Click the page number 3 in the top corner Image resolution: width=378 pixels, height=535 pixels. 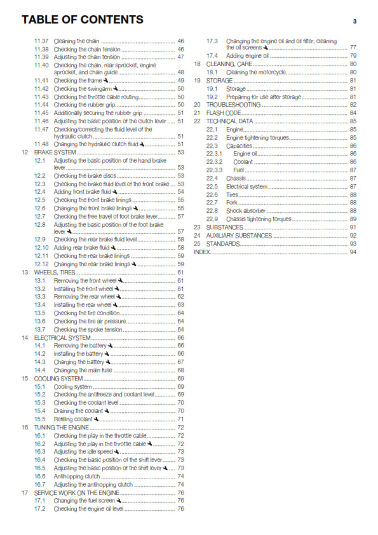point(354,21)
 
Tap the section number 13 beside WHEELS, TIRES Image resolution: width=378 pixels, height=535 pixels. point(24,273)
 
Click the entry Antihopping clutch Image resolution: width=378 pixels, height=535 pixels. point(75,476)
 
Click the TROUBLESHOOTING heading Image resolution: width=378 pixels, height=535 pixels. point(233,104)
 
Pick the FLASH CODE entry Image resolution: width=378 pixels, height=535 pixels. point(224,112)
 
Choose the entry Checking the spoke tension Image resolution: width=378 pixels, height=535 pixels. point(87,329)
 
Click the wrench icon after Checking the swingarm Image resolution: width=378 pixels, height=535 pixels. point(116,89)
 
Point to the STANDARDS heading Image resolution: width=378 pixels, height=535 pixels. point(223,244)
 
